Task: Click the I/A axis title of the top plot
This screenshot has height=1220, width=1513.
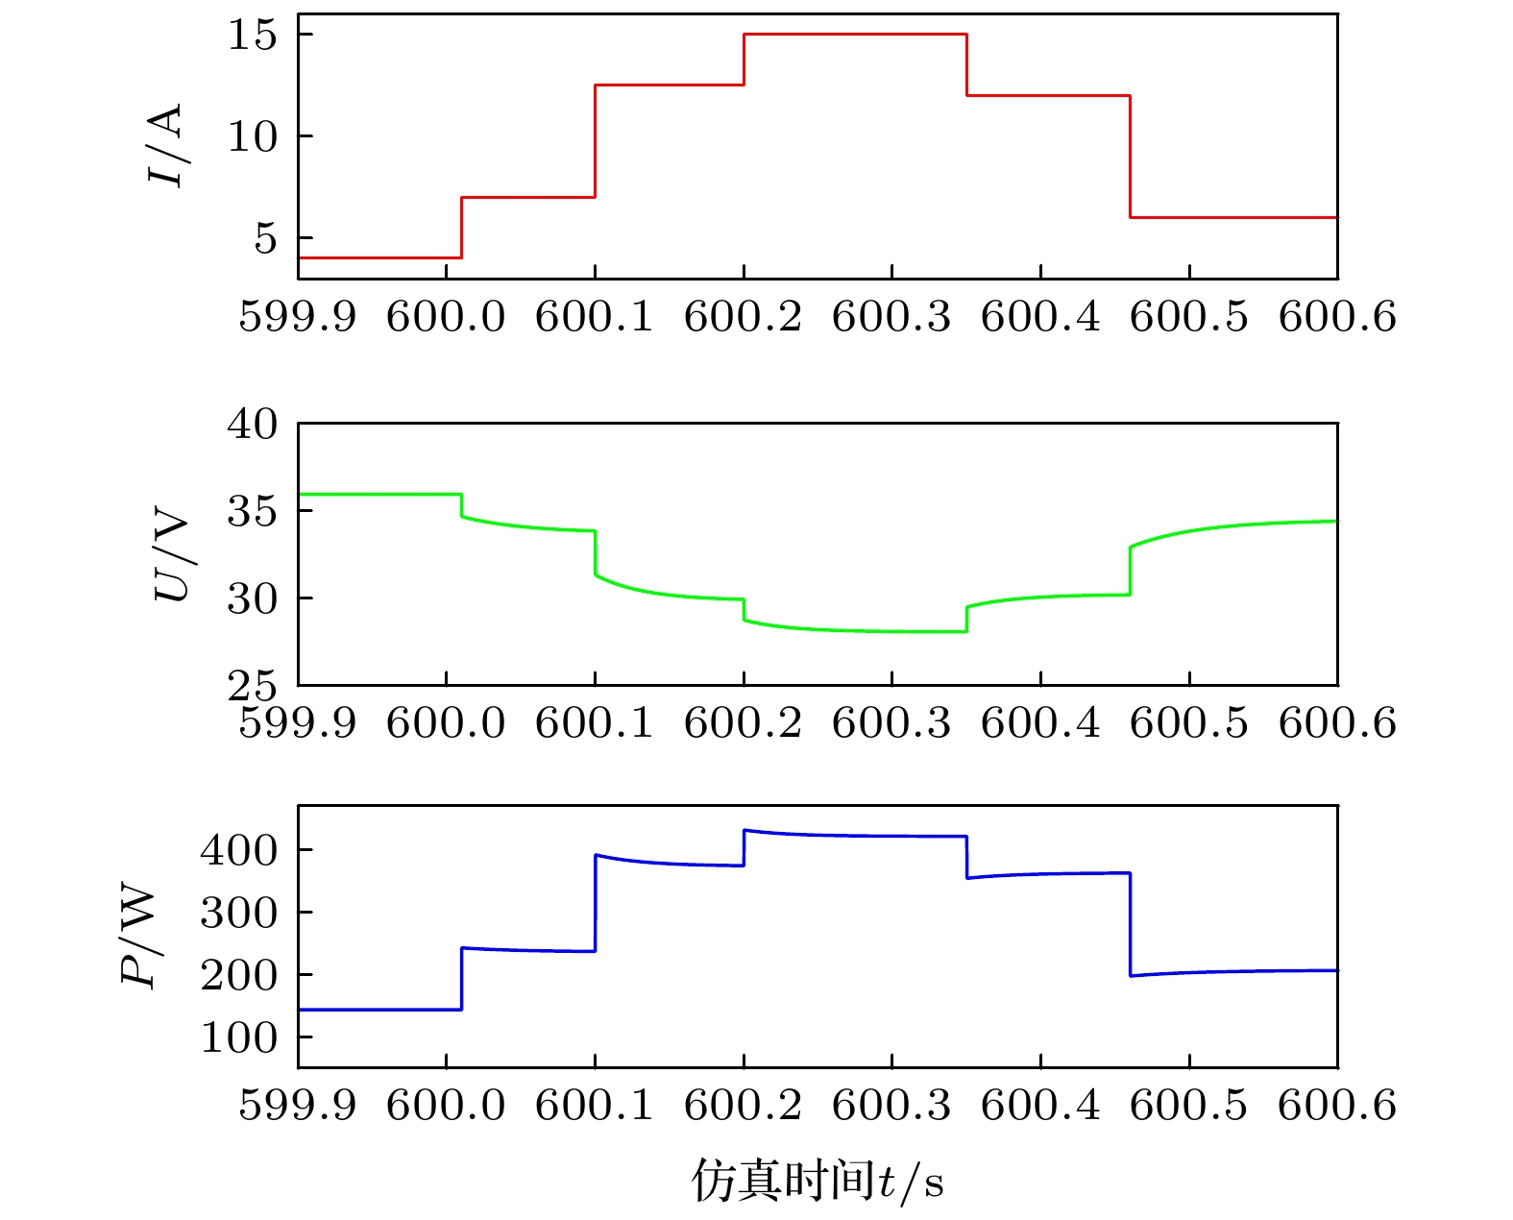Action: coord(164,146)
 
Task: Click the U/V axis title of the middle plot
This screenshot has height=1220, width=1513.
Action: coord(173,559)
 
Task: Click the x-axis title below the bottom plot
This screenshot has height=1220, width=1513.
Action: coord(818,1181)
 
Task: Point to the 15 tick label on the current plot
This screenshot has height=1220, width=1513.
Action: coord(252,36)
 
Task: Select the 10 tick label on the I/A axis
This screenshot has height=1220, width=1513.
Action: coord(252,136)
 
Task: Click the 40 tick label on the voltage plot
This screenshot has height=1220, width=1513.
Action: coord(252,424)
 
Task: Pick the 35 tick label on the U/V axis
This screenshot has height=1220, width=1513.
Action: coord(252,511)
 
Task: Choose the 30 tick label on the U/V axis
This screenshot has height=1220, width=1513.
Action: coord(252,598)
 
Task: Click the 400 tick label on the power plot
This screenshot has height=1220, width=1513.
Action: coord(238,849)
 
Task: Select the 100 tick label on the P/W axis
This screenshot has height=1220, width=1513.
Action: coord(238,1037)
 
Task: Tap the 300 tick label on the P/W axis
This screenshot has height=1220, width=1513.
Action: coord(238,913)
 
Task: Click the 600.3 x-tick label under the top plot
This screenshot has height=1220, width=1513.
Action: coord(891,316)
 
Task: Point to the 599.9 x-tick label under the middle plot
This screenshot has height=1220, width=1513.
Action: coord(298,722)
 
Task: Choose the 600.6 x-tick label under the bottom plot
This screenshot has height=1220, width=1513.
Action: coord(1336,1105)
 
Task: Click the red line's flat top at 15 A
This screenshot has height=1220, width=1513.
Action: coord(855,35)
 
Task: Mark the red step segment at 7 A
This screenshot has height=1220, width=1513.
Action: coord(528,197)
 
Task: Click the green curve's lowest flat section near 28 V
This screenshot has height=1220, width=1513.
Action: coord(893,631)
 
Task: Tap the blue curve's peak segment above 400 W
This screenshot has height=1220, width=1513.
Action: coord(855,835)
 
